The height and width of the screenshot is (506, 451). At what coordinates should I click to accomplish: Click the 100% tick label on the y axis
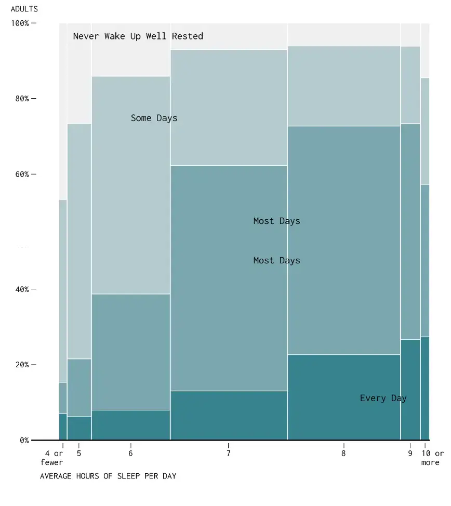20,23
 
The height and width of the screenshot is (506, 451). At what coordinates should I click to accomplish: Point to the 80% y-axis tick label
21,99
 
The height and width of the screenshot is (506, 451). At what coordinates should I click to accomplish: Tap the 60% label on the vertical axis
21,174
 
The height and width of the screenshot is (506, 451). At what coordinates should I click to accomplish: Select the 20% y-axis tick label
21,365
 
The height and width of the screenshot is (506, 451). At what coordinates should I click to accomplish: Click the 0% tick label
24,441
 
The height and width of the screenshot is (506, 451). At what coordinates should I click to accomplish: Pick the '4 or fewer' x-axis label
54,458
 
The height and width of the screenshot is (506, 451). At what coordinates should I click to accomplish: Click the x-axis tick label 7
229,454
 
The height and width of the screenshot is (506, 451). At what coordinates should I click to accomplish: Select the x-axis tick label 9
410,454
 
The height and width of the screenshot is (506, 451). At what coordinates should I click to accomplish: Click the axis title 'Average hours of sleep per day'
108,476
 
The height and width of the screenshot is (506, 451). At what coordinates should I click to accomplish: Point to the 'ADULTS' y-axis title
24,9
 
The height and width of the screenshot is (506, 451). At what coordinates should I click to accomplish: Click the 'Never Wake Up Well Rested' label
138,36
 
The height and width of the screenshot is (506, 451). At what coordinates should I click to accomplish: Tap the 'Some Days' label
154,118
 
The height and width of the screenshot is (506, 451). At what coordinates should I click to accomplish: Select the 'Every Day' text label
383,398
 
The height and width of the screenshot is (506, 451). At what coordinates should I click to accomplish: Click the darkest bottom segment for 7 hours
229,416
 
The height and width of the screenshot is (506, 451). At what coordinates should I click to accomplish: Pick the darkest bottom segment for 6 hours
130,425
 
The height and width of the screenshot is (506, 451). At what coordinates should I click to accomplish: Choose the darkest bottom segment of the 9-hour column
410,390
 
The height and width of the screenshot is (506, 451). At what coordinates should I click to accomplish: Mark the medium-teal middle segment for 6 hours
130,352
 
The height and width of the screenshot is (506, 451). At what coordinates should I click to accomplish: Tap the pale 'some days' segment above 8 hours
343,86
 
